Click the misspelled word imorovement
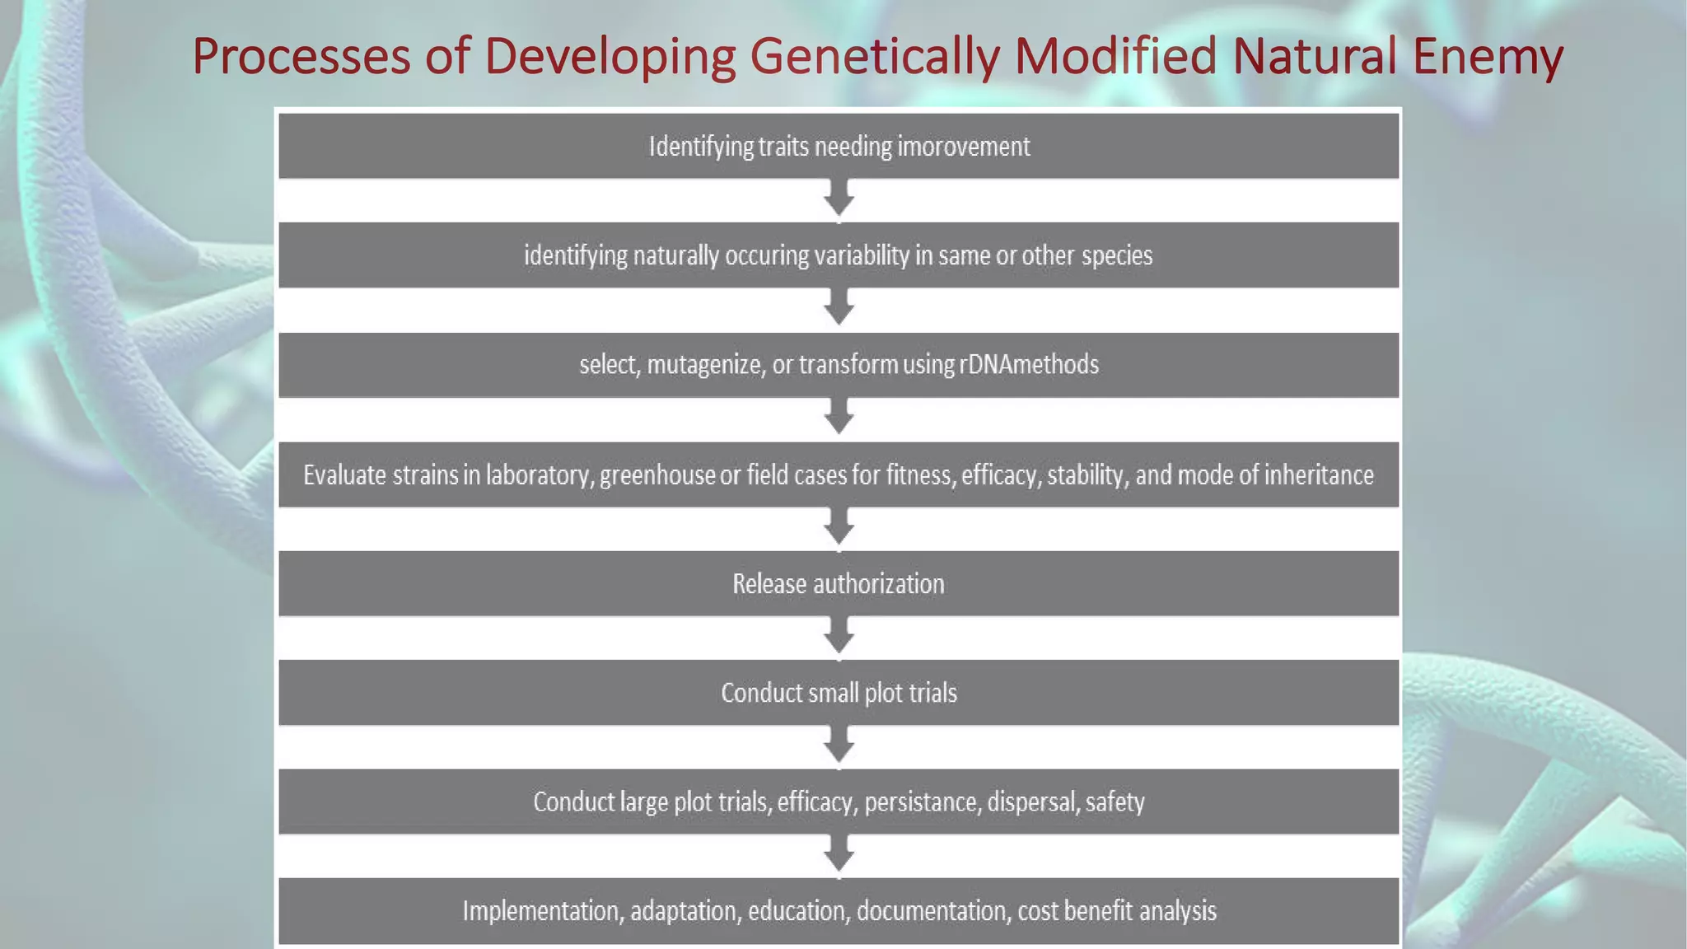click(963, 147)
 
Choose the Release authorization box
click(839, 584)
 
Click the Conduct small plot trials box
click(839, 693)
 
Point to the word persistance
click(923, 802)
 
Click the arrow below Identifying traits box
click(839, 200)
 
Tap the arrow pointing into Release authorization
click(839, 528)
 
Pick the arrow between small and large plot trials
click(839, 746)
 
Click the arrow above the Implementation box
click(839, 856)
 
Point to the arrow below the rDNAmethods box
click(839, 418)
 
